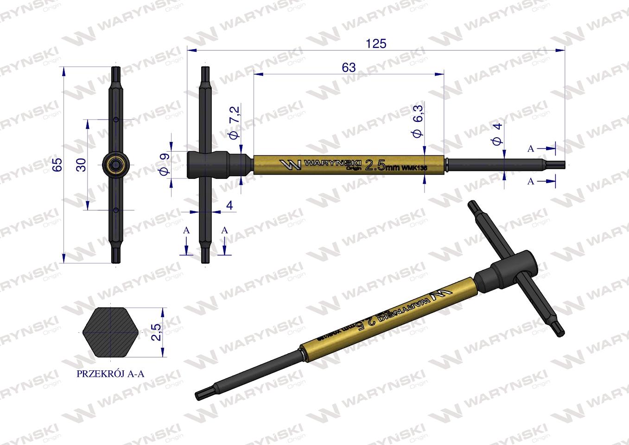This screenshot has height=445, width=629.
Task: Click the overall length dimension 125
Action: [x=376, y=44]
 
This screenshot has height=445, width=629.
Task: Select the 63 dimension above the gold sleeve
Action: [x=349, y=68]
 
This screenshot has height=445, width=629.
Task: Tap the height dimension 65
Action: [x=57, y=165]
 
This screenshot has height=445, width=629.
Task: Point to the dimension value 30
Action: [x=81, y=165]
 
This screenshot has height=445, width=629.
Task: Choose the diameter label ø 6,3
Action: [x=418, y=121]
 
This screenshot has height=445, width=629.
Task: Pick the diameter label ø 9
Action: [x=164, y=165]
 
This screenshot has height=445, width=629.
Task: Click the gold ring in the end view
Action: [x=115, y=165]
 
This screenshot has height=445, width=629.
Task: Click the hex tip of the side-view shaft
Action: [x=559, y=164]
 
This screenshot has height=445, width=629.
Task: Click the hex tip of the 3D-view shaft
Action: [x=201, y=394]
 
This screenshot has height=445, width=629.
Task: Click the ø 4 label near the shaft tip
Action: [x=497, y=134]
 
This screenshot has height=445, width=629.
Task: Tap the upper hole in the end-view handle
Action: [x=115, y=120]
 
